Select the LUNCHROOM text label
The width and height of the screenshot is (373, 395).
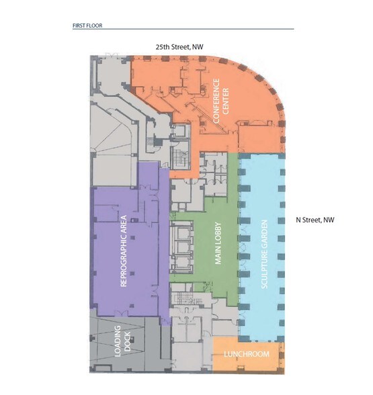click(x=247, y=355)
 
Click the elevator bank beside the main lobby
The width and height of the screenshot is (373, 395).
click(x=181, y=246)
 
